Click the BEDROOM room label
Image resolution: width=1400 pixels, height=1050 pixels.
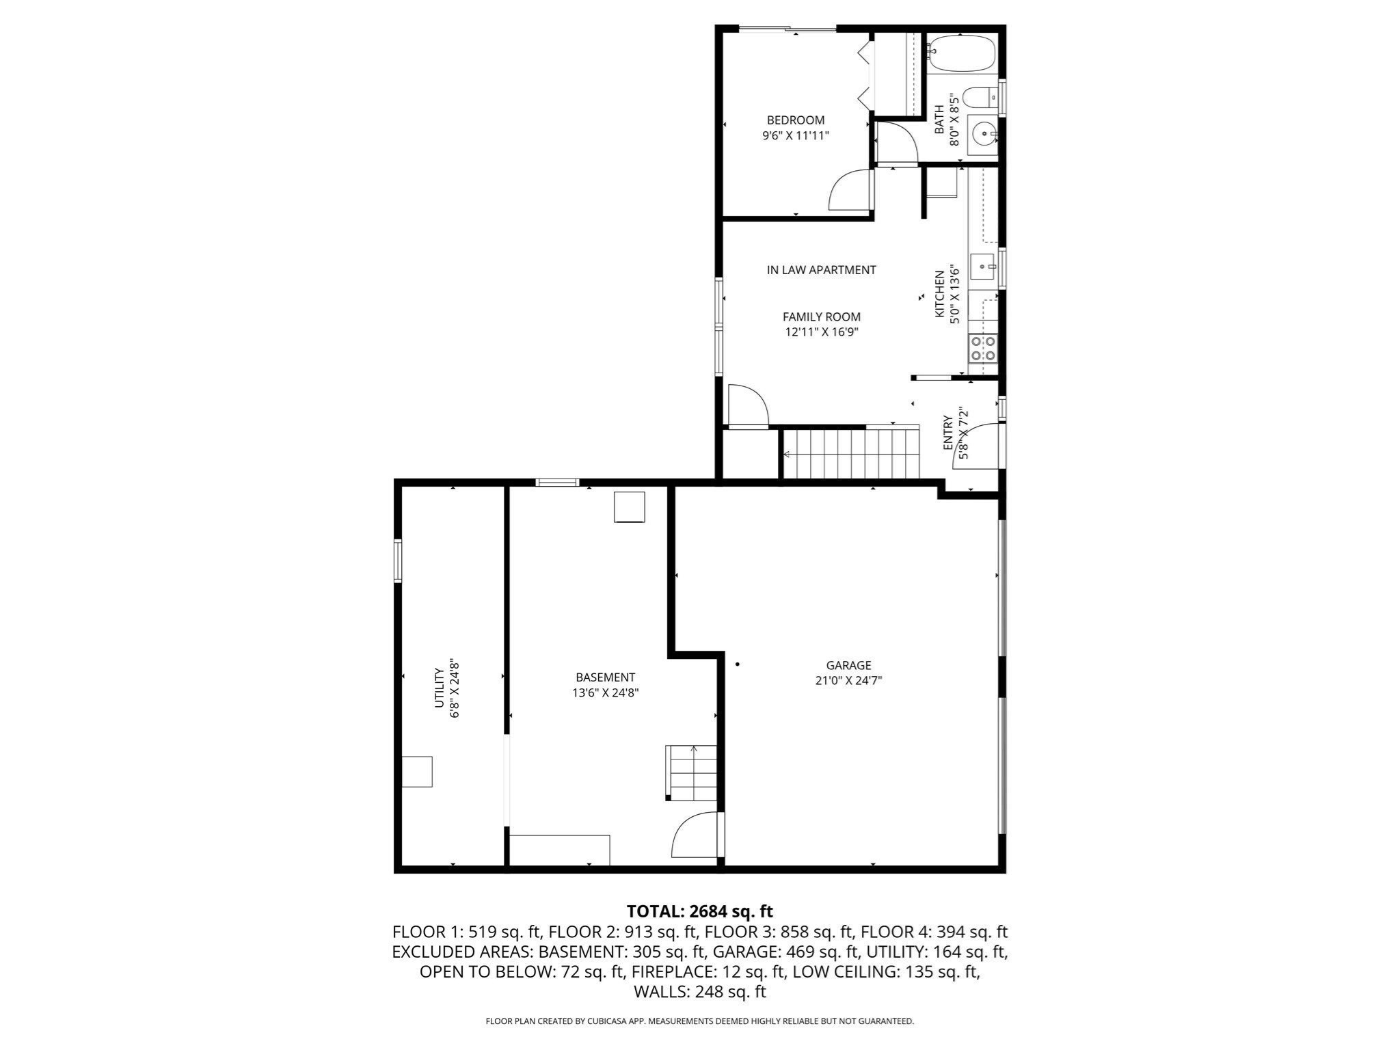(x=795, y=120)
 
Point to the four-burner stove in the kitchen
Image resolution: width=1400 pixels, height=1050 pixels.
(x=982, y=348)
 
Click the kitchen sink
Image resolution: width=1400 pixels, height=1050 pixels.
(x=983, y=264)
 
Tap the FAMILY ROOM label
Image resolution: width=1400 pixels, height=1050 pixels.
(x=821, y=317)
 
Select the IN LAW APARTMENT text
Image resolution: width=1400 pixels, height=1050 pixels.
(x=821, y=270)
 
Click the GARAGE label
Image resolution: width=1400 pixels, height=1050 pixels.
(x=848, y=665)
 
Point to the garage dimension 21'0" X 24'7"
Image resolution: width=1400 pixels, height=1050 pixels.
(x=848, y=681)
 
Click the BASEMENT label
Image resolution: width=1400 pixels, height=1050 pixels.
(x=605, y=677)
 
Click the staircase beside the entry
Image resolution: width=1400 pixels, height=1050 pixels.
(x=850, y=453)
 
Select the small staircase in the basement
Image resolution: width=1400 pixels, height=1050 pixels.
(x=691, y=772)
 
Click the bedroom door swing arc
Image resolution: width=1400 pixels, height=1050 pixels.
(x=850, y=191)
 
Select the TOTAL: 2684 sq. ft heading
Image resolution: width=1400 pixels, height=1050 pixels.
(x=699, y=911)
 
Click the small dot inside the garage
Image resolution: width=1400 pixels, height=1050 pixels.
(x=738, y=664)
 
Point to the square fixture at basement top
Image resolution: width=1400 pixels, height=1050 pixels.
(x=629, y=507)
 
